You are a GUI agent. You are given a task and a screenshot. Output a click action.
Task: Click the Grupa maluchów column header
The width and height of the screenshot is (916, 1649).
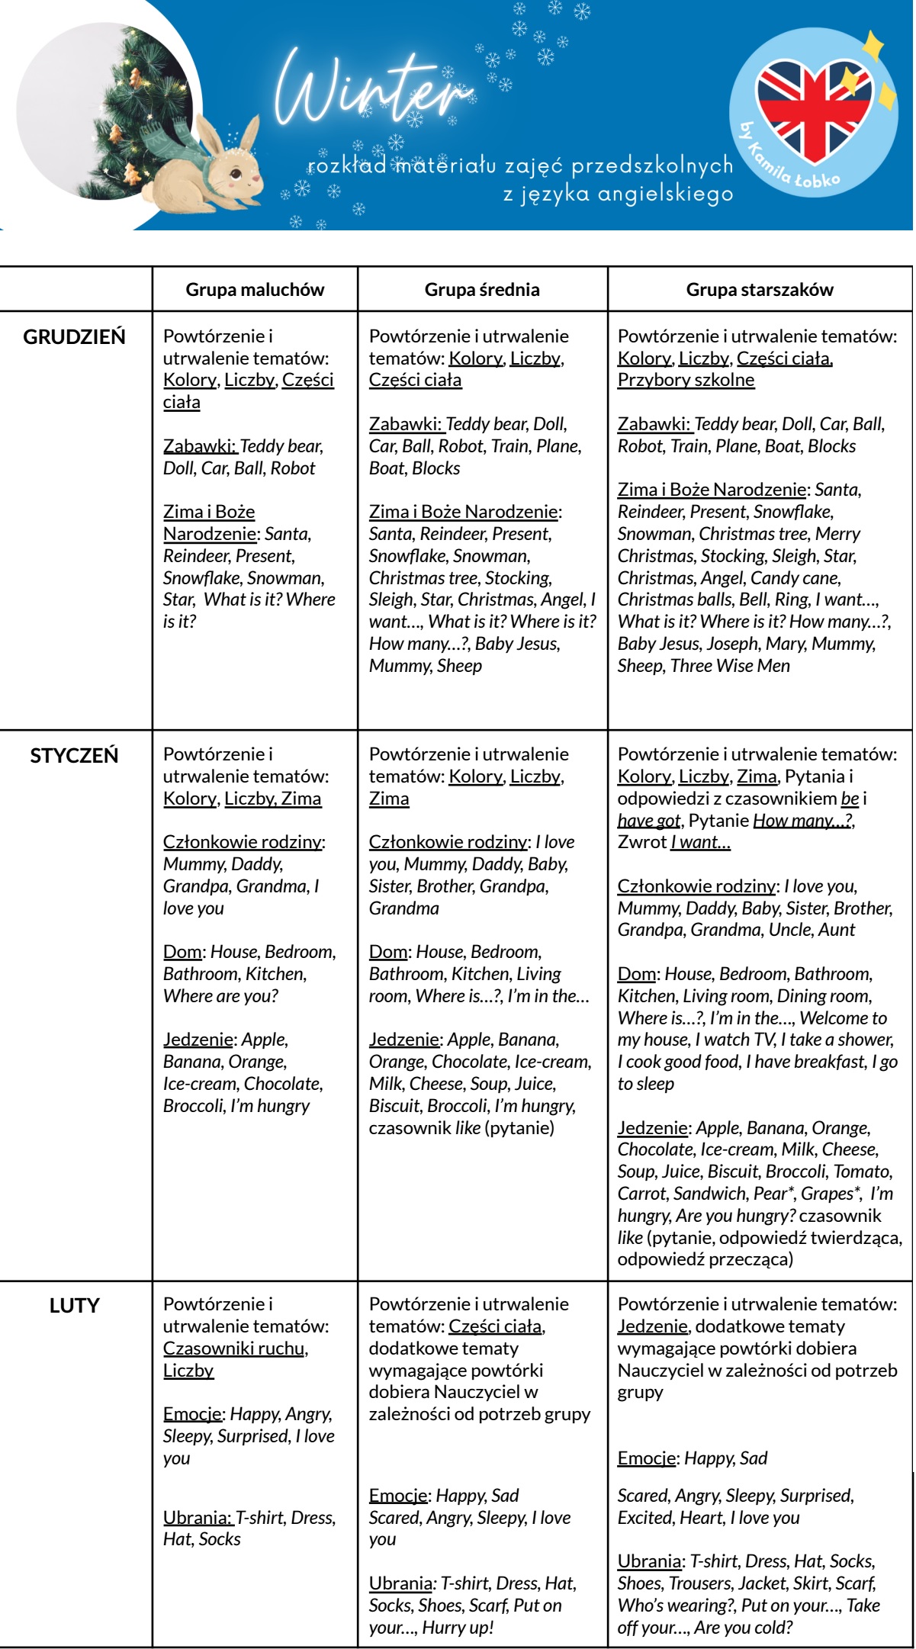click(255, 290)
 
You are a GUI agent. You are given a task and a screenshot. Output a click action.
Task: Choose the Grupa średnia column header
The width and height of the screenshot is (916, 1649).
click(482, 290)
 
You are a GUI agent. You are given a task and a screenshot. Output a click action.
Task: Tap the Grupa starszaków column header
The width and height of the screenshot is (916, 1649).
click(760, 290)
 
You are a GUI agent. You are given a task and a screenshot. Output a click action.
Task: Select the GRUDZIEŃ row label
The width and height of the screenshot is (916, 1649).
click(74, 337)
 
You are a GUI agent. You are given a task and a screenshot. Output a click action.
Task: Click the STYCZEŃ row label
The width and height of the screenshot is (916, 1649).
click(74, 756)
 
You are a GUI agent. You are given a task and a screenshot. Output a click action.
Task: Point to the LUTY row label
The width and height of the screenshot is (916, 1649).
click(74, 1306)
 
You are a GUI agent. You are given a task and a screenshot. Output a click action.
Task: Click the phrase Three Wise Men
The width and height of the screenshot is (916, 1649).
click(730, 666)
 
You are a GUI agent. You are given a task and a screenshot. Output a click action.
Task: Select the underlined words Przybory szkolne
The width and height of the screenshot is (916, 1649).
click(686, 380)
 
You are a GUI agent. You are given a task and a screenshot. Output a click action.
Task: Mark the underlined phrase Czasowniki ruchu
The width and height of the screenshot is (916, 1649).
click(234, 1348)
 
